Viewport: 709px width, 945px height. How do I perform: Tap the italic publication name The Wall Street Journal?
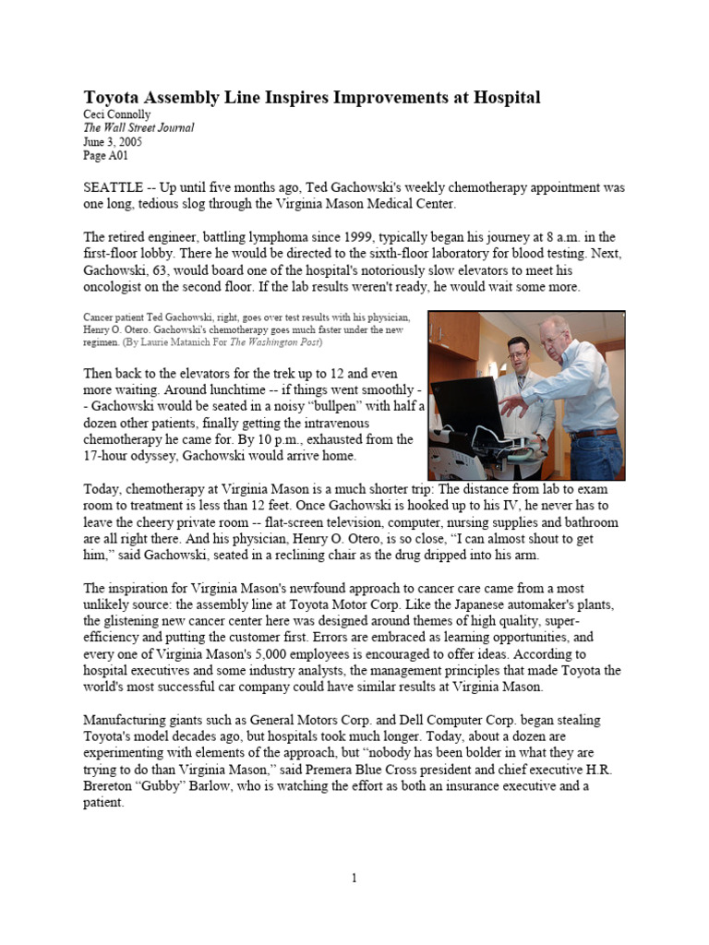[x=138, y=128]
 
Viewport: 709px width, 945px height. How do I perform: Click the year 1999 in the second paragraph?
[x=379, y=236]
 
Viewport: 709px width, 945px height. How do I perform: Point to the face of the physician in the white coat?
[x=518, y=353]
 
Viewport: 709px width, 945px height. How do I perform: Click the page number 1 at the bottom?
[x=354, y=879]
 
